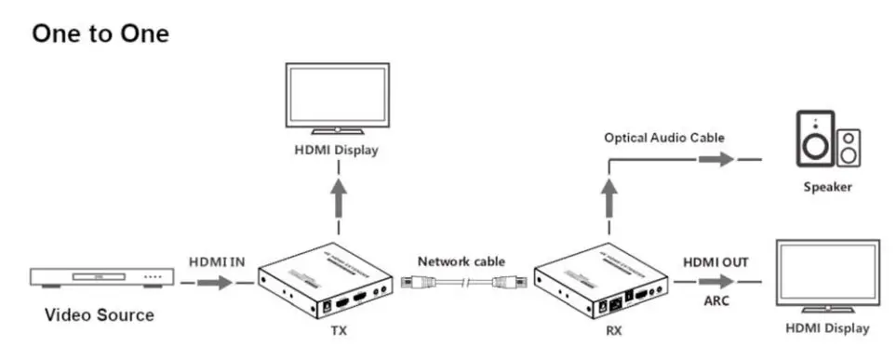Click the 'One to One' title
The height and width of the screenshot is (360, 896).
click(100, 33)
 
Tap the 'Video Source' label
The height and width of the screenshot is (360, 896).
click(100, 315)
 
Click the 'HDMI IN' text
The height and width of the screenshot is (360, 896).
click(217, 262)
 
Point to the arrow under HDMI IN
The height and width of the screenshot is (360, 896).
click(216, 281)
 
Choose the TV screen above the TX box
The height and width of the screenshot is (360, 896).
click(337, 97)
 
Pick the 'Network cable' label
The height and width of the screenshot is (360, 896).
click(461, 261)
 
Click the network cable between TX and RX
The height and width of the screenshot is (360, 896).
click(462, 281)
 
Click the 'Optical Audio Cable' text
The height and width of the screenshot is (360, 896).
click(663, 138)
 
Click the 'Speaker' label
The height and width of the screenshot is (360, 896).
click(827, 187)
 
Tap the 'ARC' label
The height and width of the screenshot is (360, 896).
click(715, 300)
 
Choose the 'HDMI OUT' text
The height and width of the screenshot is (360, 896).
click(715, 263)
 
